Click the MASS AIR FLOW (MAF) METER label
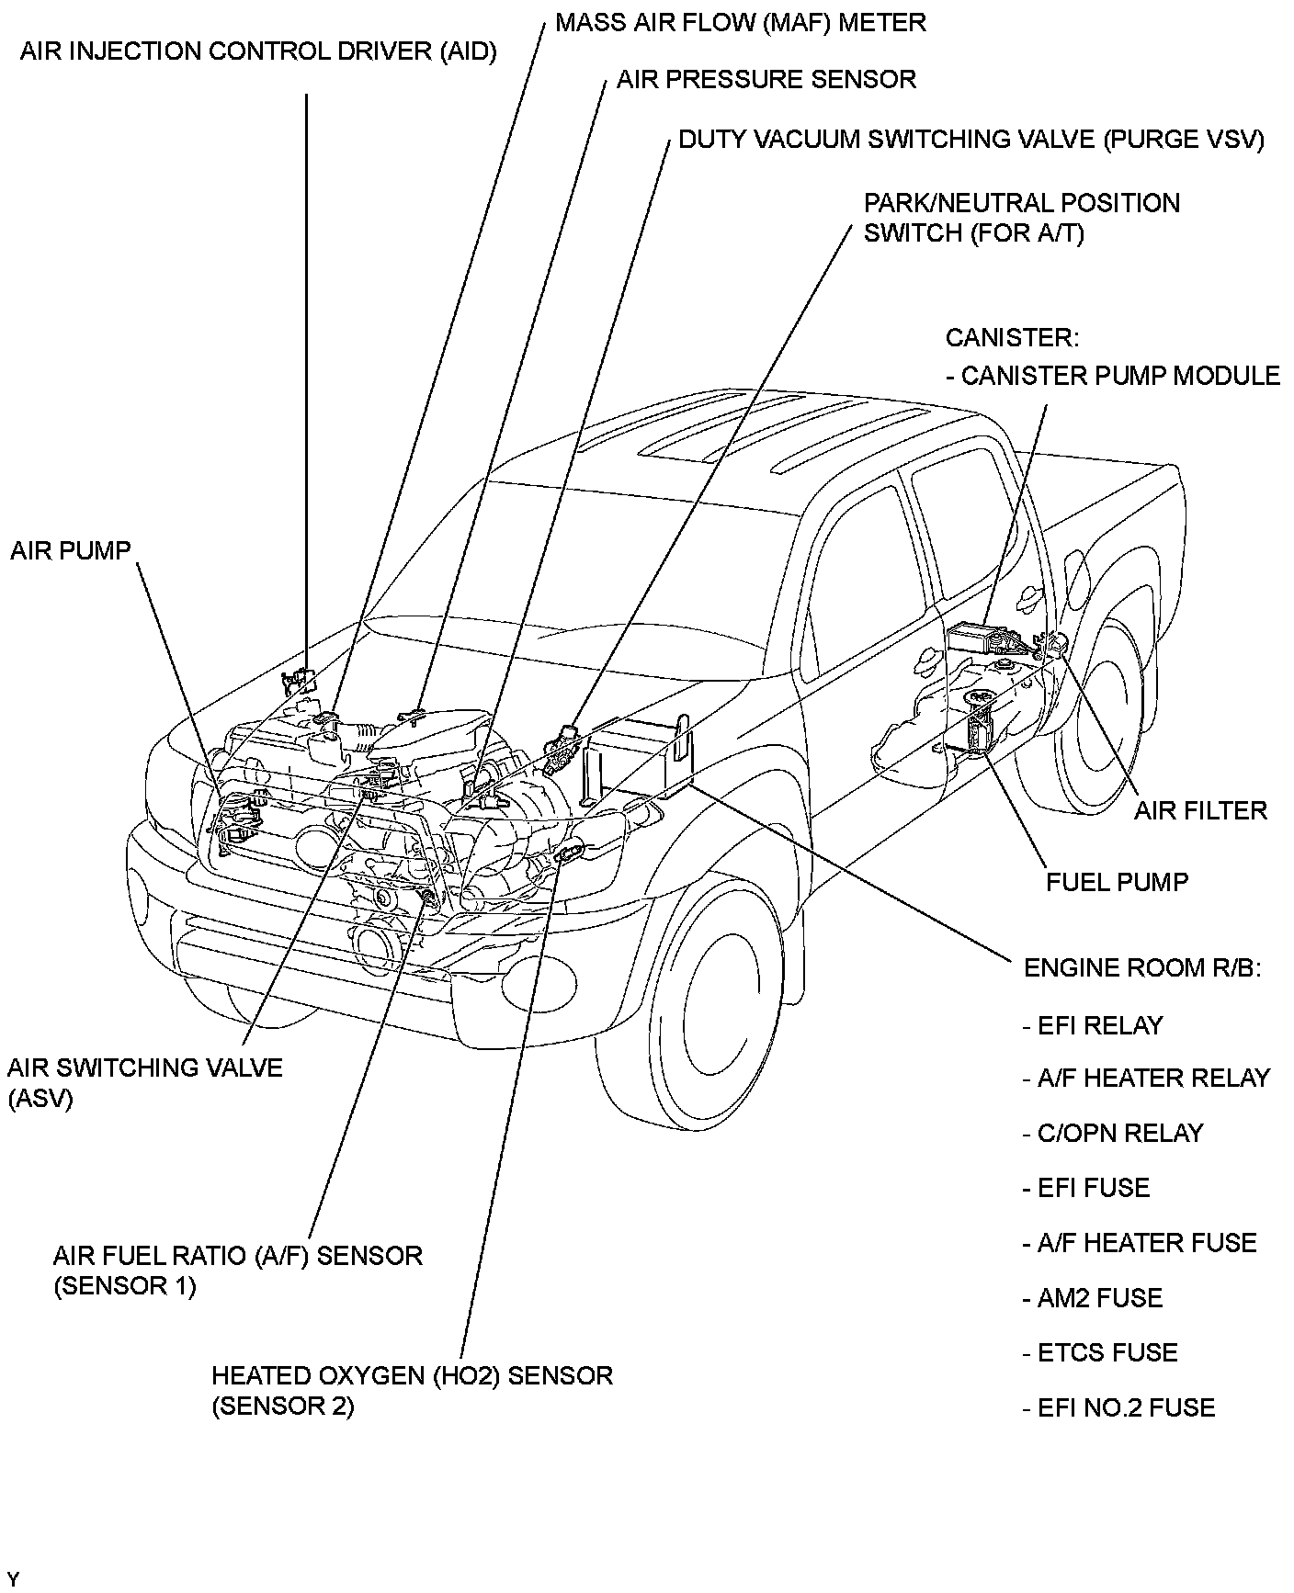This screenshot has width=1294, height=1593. [x=740, y=22]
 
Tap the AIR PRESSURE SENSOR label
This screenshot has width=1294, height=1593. [x=766, y=79]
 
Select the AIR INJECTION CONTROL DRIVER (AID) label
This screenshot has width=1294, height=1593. [x=258, y=51]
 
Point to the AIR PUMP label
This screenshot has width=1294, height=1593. [x=71, y=550]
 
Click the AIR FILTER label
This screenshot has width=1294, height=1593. [x=1199, y=809]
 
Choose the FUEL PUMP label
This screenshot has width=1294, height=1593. [x=1117, y=882]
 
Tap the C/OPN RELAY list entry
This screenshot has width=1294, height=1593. [x=1112, y=1133]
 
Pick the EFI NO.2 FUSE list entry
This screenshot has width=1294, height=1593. [x=1118, y=1407]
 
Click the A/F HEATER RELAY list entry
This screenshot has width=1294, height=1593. [x=1145, y=1078]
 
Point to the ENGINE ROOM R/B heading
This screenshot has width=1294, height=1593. [x=1141, y=968]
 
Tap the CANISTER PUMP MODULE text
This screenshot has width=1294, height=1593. [x=1113, y=376]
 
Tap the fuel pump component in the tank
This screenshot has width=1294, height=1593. [x=981, y=725]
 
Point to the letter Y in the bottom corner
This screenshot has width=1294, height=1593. [x=12, y=1578]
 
